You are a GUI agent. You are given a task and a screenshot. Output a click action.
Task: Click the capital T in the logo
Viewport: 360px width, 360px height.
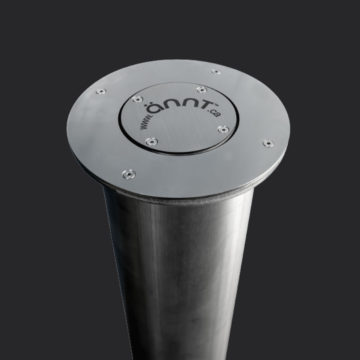pos(205,109)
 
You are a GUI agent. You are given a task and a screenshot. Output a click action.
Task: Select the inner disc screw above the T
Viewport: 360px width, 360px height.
pos(201,89)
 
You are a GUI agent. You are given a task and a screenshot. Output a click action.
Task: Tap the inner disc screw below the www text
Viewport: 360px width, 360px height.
pos(152,140)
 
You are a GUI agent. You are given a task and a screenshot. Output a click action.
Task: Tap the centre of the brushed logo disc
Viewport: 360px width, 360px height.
pos(179,119)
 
